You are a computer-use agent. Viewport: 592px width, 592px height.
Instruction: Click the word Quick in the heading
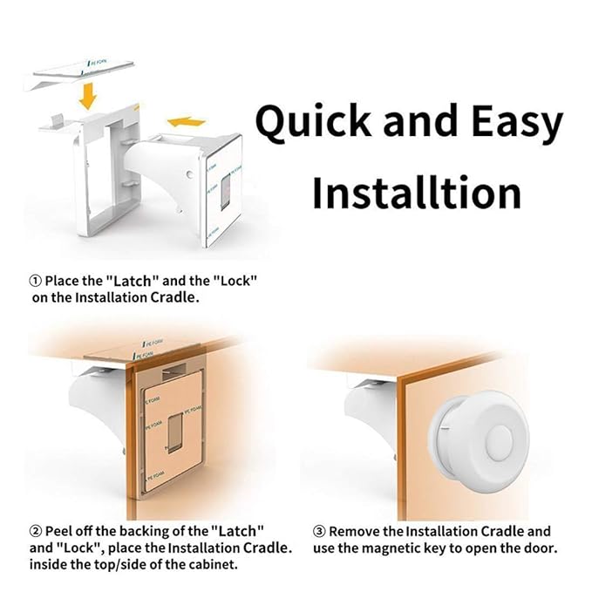313,122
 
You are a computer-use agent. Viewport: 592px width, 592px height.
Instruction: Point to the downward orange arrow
88,96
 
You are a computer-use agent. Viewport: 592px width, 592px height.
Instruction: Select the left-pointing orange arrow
187,122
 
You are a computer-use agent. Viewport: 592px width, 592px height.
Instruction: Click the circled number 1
36,281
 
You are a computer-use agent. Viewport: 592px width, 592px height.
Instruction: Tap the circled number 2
36,531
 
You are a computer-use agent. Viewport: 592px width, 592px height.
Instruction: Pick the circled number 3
319,531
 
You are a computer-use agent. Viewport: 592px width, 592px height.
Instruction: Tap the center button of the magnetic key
499,443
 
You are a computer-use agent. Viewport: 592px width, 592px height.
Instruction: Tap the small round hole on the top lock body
189,174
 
